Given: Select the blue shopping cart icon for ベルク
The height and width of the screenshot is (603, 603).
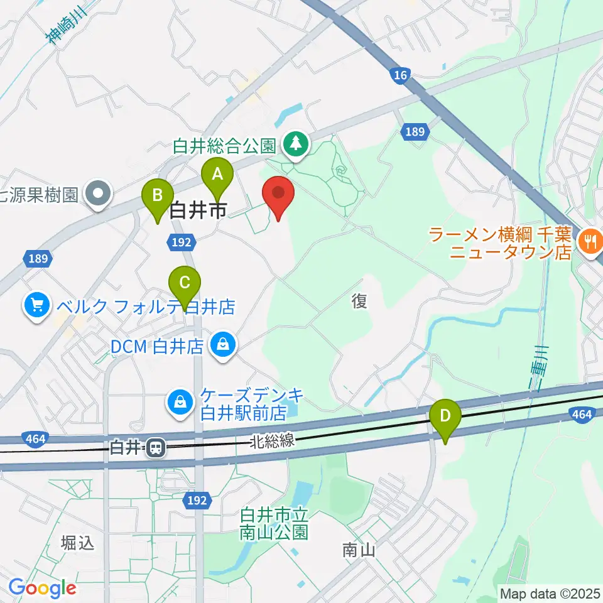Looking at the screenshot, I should coord(37,306).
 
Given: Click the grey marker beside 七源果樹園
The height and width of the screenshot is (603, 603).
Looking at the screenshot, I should coord(99,193).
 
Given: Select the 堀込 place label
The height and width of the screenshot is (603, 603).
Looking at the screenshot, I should coord(79,542).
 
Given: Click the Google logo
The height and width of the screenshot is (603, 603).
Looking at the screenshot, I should coord(42,588).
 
